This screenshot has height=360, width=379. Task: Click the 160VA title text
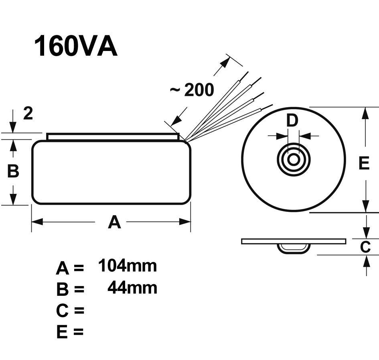[x=75, y=46]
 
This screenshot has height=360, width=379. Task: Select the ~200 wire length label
[x=192, y=91]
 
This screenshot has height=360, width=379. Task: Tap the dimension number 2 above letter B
[x=28, y=114]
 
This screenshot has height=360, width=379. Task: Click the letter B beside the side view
[x=13, y=171]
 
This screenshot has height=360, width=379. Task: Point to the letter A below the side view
[x=114, y=222]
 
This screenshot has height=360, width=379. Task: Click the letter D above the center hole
[x=293, y=120]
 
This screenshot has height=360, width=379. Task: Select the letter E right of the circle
[x=364, y=163]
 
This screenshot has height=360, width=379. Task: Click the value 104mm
[x=127, y=266]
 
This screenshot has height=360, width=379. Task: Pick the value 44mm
[x=132, y=288]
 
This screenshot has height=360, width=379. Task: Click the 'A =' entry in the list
[x=70, y=268]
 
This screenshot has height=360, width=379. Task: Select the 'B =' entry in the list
[x=70, y=289]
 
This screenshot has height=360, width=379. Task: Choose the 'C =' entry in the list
[x=70, y=310]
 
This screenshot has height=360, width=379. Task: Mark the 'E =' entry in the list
[x=70, y=332]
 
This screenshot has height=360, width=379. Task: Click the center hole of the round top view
[x=294, y=159]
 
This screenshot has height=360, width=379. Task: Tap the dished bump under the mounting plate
[x=294, y=248]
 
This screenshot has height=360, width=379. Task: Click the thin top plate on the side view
[x=113, y=137]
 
